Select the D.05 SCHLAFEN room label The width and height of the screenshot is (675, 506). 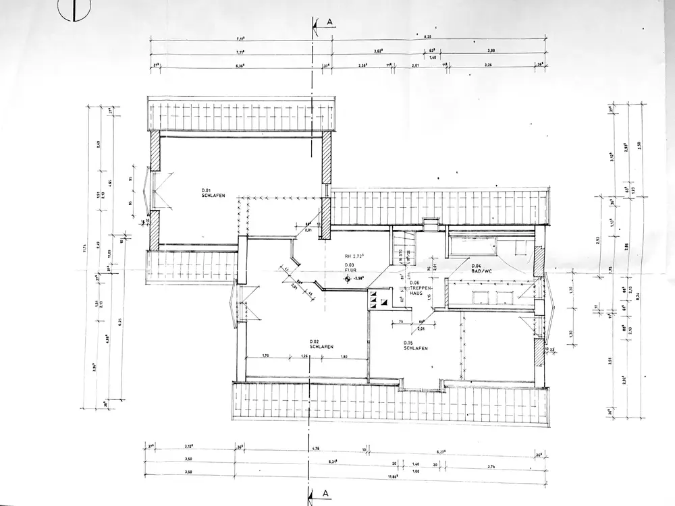tap(413, 346)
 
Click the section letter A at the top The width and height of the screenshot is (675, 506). tap(329, 22)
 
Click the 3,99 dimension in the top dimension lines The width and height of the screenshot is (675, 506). tap(491, 51)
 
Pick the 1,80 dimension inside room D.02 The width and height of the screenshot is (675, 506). tap(344, 356)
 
